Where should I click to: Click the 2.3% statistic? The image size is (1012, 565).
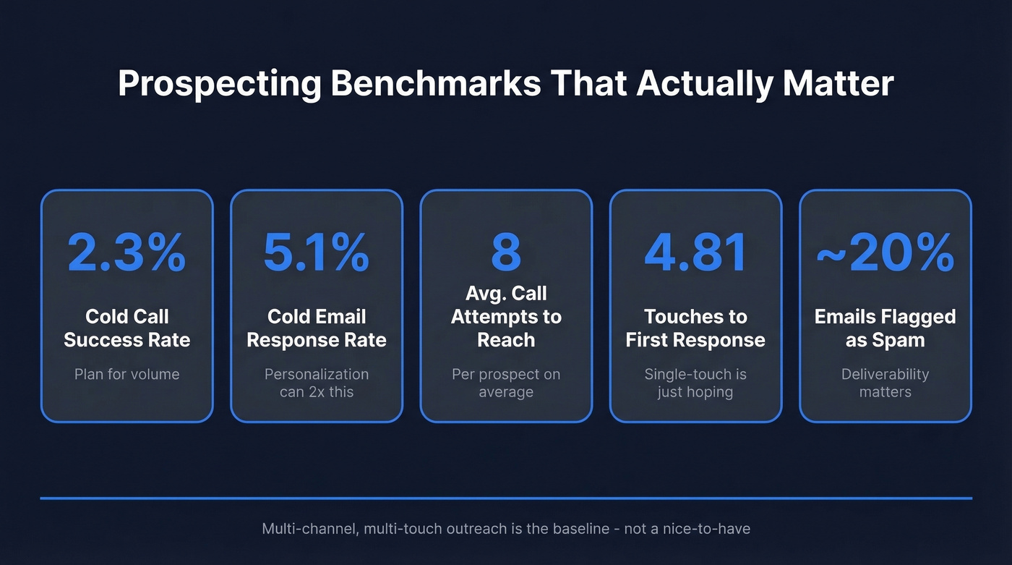tap(126, 252)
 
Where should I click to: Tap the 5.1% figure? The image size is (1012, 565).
tap(316, 252)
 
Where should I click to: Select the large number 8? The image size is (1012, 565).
tap(506, 252)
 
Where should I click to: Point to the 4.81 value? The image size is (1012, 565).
tap(695, 252)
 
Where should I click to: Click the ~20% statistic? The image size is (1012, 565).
tap(885, 252)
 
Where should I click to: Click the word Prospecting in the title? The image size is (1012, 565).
tap(219, 84)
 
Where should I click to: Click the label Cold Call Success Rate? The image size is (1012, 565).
tap(126, 328)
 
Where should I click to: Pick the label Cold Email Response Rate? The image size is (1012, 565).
tap(316, 328)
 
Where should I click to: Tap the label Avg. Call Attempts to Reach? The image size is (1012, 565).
tap(506, 317)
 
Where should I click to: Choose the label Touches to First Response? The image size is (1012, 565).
tap(695, 328)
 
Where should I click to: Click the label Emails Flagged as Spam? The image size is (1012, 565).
tap(885, 328)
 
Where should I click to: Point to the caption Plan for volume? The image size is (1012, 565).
tap(126, 375)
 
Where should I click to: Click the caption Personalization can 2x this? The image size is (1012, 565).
tap(316, 383)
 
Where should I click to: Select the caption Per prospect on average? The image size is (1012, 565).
tap(506, 383)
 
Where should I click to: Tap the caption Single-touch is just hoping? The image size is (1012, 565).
tap(695, 383)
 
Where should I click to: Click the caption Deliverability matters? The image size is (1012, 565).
tap(885, 383)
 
